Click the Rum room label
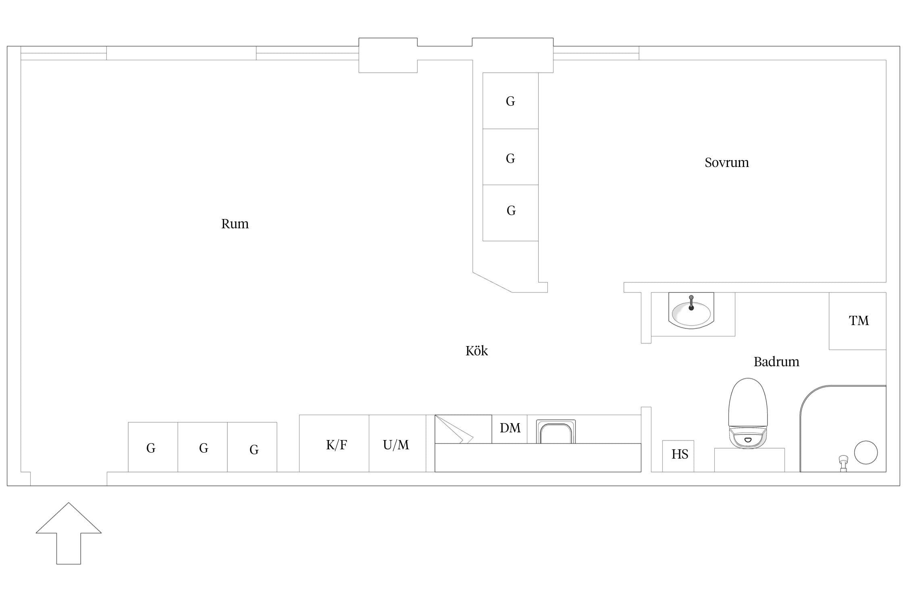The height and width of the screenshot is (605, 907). click(x=235, y=224)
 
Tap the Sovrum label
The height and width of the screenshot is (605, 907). click(x=726, y=163)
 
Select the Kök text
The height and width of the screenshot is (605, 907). click(x=476, y=350)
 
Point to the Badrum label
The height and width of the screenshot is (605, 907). click(x=776, y=362)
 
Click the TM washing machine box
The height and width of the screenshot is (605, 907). click(x=857, y=321)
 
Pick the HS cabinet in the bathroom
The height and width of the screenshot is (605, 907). click(x=678, y=456)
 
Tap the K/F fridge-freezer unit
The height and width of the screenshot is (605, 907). click(x=334, y=443)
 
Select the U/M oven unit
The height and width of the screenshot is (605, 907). click(x=397, y=443)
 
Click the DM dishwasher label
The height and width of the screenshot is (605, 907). click(x=510, y=428)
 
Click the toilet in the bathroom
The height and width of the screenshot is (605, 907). click(x=748, y=413)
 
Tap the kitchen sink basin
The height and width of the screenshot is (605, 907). click(x=556, y=432)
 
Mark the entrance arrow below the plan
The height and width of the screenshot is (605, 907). click(x=69, y=533)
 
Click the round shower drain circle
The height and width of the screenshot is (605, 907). click(x=866, y=453)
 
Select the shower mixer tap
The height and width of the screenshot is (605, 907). click(x=843, y=463)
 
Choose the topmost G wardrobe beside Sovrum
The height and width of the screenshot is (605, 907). click(x=510, y=101)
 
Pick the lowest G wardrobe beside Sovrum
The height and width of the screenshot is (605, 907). click(x=510, y=213)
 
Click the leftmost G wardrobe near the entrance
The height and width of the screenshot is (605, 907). click(x=153, y=447)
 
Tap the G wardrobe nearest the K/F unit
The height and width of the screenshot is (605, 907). click(x=252, y=447)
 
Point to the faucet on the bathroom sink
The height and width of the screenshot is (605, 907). click(x=691, y=303)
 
